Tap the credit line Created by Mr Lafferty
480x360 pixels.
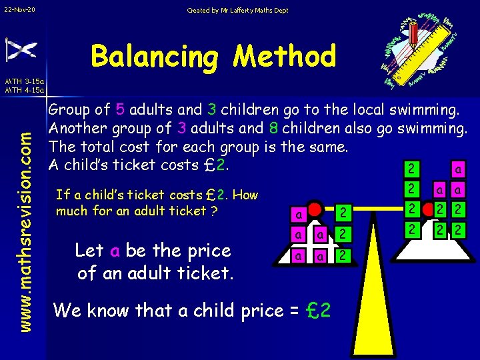tap(237, 10)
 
